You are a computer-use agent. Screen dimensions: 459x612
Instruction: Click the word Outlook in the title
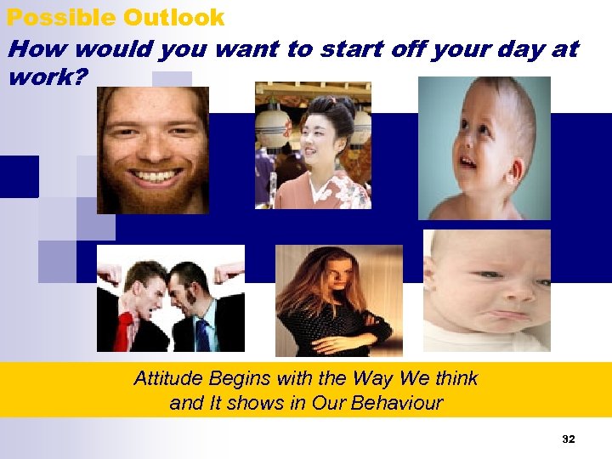coord(173,17)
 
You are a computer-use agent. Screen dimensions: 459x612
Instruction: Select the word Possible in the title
coord(60,17)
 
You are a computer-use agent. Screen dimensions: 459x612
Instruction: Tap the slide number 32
coord(569,439)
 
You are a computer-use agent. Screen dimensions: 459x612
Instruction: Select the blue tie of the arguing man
coord(202,333)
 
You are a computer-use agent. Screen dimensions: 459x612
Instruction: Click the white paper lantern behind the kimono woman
coord(274,126)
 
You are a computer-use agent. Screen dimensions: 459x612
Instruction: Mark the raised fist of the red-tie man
coord(109,275)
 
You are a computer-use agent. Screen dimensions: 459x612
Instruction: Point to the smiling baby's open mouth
coord(468,160)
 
